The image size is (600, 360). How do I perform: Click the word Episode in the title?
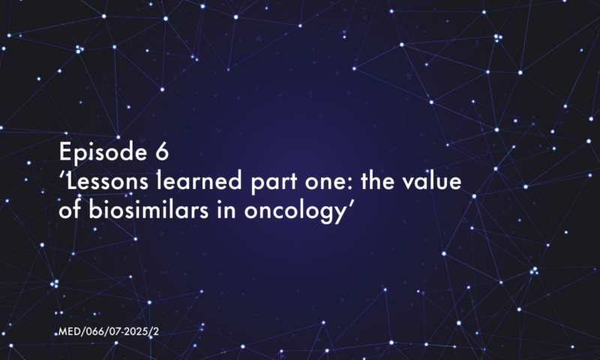(103, 153)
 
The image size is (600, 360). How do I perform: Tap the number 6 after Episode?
(162, 151)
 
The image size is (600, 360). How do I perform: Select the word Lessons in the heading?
(107, 181)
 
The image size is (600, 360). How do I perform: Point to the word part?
(274, 183)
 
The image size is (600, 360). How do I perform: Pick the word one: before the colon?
(328, 183)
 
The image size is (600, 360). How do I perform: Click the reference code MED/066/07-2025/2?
(109, 331)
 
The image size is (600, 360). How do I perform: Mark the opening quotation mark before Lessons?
(63, 175)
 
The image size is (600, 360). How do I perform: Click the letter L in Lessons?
(72, 181)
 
